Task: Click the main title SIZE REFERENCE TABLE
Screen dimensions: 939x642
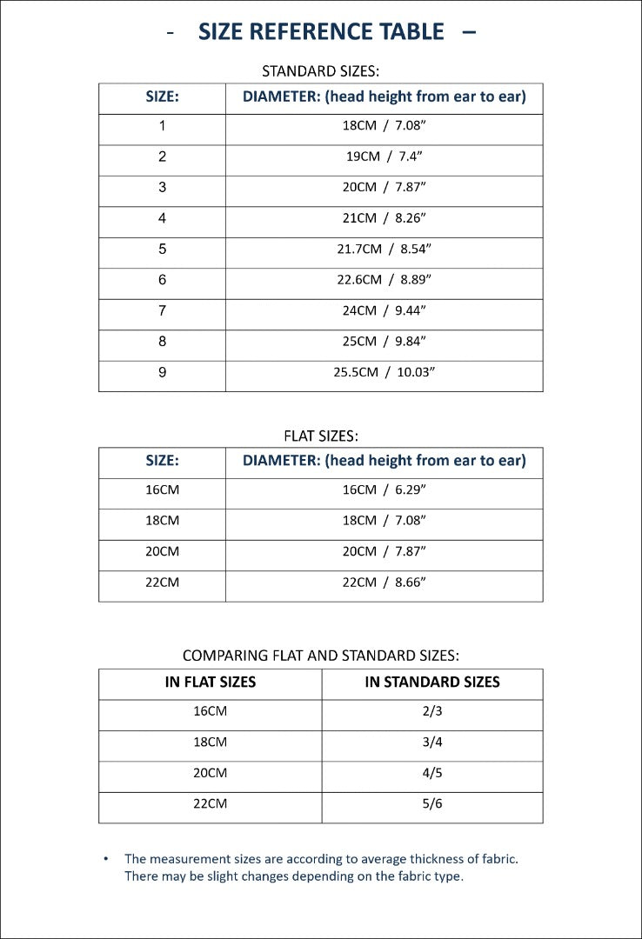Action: pyautogui.click(x=321, y=32)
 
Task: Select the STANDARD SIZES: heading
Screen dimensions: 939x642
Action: pyautogui.click(x=321, y=70)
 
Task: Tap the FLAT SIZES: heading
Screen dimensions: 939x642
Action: pyautogui.click(x=321, y=436)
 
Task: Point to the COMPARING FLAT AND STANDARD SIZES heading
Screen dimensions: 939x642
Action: pyautogui.click(x=321, y=656)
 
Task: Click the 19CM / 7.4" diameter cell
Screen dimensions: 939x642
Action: pyautogui.click(x=384, y=156)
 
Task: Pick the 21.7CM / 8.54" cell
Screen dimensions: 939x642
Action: pyautogui.click(x=384, y=249)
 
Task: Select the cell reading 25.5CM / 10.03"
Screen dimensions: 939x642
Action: pyautogui.click(x=384, y=372)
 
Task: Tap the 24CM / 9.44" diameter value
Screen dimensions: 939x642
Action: pyautogui.click(x=384, y=310)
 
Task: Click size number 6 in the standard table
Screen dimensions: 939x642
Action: pyautogui.click(x=162, y=280)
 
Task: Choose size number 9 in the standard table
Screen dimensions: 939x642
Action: pyautogui.click(x=162, y=372)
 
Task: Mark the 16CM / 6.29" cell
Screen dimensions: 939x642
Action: pyautogui.click(x=384, y=489)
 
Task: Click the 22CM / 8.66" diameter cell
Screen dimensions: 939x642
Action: pyautogui.click(x=384, y=582)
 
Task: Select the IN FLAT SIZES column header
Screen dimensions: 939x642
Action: pyautogui.click(x=211, y=683)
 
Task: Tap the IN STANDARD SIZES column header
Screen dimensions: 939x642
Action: pyautogui.click(x=432, y=683)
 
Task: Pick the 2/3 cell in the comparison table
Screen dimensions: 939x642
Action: pyautogui.click(x=432, y=711)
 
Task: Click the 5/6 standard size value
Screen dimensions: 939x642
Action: pyautogui.click(x=432, y=803)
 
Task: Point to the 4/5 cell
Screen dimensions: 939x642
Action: pyautogui.click(x=432, y=773)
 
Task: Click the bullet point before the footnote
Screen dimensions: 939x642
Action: pyautogui.click(x=106, y=859)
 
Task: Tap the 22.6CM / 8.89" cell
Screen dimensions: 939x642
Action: pyautogui.click(x=384, y=280)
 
